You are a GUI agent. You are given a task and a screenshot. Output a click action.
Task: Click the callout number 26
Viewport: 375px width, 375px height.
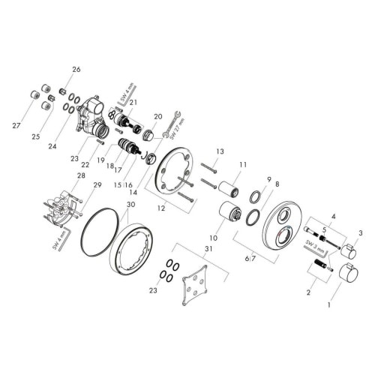tap(75, 70)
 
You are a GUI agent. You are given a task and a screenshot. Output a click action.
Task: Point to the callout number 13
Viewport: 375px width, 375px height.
tap(220, 152)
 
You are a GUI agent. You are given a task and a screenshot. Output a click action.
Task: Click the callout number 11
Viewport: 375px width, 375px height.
tap(242, 164)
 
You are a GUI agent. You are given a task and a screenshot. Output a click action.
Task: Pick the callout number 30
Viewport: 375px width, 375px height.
tap(130, 204)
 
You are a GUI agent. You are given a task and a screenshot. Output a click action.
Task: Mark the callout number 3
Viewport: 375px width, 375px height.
tap(360, 234)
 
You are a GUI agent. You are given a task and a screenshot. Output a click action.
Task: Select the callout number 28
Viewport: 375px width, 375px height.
tap(81, 175)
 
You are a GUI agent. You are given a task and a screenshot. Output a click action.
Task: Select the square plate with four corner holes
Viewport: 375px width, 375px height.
tap(197, 286)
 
